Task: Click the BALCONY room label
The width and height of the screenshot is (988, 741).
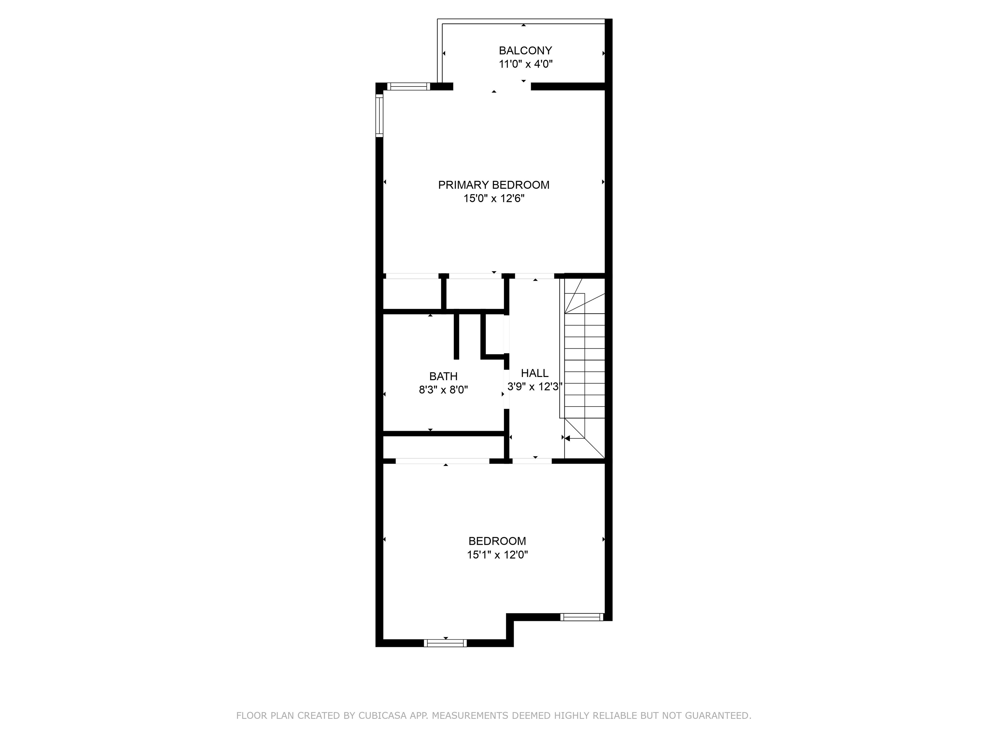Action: pyautogui.click(x=525, y=50)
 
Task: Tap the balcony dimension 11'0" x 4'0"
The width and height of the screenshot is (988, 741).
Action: pyautogui.click(x=526, y=64)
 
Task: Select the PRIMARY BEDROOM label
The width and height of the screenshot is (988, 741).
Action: pyautogui.click(x=494, y=185)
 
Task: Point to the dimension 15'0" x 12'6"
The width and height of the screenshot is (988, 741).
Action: pyautogui.click(x=494, y=198)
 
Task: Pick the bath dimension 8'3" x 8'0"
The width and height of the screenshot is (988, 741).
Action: pyautogui.click(x=444, y=390)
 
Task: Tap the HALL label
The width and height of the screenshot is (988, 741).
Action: pyautogui.click(x=535, y=373)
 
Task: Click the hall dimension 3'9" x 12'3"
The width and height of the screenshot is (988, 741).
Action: pyautogui.click(x=535, y=386)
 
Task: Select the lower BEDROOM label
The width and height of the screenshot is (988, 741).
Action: pyautogui.click(x=497, y=541)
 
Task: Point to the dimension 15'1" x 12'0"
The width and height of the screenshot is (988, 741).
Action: pyautogui.click(x=498, y=555)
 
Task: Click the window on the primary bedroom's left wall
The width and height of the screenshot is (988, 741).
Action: pyautogui.click(x=380, y=116)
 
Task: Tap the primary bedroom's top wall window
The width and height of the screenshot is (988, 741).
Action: pyautogui.click(x=408, y=87)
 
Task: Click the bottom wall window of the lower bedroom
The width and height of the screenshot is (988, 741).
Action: pyautogui.click(x=445, y=643)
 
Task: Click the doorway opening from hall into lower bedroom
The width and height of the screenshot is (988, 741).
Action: pyautogui.click(x=532, y=461)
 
